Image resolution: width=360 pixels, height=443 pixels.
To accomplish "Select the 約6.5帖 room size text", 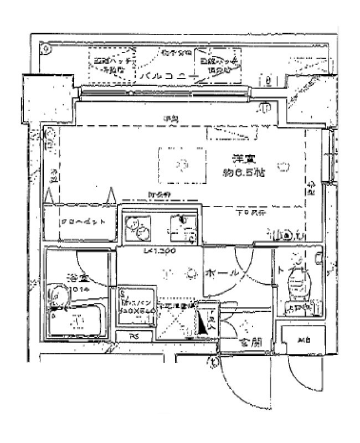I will [x=243, y=172].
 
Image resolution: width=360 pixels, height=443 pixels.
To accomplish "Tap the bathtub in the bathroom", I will [x=75, y=321].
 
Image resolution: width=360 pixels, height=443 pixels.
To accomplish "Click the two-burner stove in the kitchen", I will [x=136, y=226].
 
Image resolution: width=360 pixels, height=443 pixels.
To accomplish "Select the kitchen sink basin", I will [x=181, y=228].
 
